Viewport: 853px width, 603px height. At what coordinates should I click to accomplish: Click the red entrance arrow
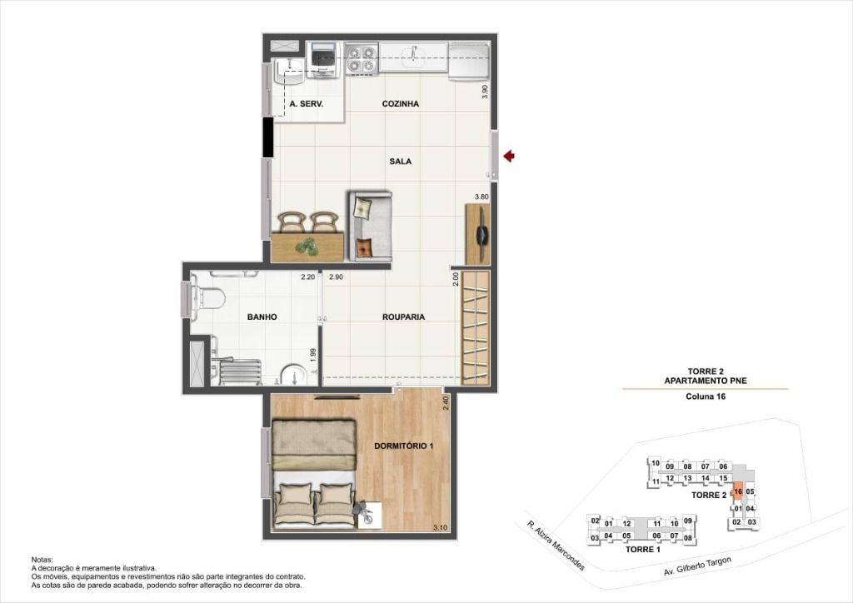click(x=509, y=157)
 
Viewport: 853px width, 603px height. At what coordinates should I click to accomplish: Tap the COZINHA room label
click(x=401, y=104)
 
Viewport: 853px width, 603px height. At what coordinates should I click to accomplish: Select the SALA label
click(x=401, y=162)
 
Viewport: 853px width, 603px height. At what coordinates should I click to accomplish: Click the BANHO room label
click(x=262, y=317)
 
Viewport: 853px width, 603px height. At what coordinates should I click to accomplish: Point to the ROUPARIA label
click(x=404, y=317)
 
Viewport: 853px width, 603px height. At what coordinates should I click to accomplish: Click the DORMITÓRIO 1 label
click(x=404, y=446)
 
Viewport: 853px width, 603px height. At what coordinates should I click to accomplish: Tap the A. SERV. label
click(x=307, y=104)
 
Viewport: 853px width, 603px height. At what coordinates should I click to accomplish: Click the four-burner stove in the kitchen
click(x=362, y=59)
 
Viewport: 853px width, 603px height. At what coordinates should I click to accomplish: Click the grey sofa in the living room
click(x=371, y=226)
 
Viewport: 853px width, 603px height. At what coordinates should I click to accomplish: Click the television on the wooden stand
click(x=482, y=234)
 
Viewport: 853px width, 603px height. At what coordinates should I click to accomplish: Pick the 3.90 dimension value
click(x=486, y=92)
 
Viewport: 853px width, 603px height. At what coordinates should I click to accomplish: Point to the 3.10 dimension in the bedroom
click(x=440, y=527)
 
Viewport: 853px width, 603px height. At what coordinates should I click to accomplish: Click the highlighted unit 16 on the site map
click(x=738, y=491)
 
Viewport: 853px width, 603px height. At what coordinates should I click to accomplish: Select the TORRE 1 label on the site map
click(x=643, y=550)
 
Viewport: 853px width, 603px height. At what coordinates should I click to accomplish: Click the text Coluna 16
click(x=706, y=396)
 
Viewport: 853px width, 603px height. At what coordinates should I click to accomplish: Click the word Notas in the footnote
click(x=42, y=560)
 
